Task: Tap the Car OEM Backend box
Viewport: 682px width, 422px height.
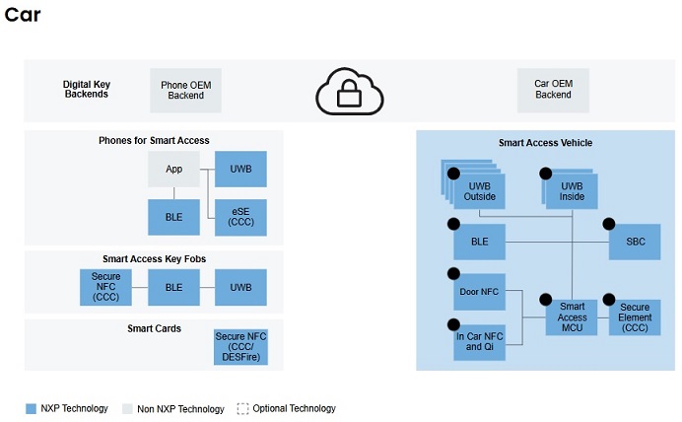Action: tap(553, 90)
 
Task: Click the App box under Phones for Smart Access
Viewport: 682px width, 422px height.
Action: tap(173, 169)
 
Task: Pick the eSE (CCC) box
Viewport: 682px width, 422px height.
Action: tap(240, 217)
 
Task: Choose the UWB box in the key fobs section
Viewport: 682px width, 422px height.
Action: tap(240, 287)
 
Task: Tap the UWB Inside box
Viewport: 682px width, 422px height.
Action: tap(572, 190)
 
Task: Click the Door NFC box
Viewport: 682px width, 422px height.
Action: tap(478, 292)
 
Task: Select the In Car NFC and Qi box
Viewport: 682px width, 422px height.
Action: tap(478, 340)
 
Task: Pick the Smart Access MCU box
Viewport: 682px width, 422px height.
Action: tap(572, 317)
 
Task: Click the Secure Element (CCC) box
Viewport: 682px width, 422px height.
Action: tap(635, 317)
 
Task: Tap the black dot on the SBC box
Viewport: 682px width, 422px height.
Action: tap(608, 224)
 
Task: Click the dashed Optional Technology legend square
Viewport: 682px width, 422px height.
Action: tap(242, 409)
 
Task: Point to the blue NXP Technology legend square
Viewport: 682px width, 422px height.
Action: tap(32, 409)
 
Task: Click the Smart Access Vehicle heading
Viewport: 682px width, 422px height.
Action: tap(545, 143)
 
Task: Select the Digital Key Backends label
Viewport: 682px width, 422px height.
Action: tap(87, 90)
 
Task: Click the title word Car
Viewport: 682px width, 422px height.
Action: tap(23, 16)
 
